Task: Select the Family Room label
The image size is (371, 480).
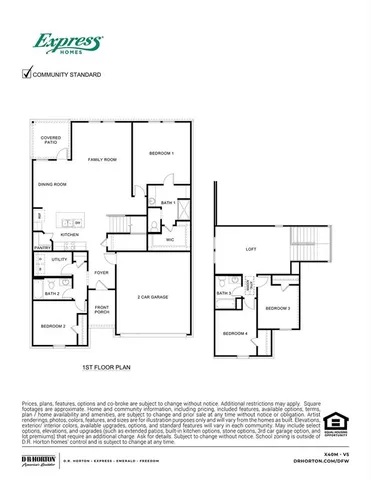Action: [x=102, y=160]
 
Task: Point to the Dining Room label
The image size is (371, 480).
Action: [x=52, y=184]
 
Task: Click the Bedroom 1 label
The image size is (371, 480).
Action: [x=161, y=153]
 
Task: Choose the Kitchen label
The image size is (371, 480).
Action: [x=69, y=235]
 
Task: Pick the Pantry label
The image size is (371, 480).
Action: [x=42, y=247]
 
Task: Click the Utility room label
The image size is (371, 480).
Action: [x=59, y=259]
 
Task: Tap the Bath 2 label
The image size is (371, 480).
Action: [x=51, y=294]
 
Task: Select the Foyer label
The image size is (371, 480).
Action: [x=101, y=271]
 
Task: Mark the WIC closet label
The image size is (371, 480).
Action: [x=170, y=240]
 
